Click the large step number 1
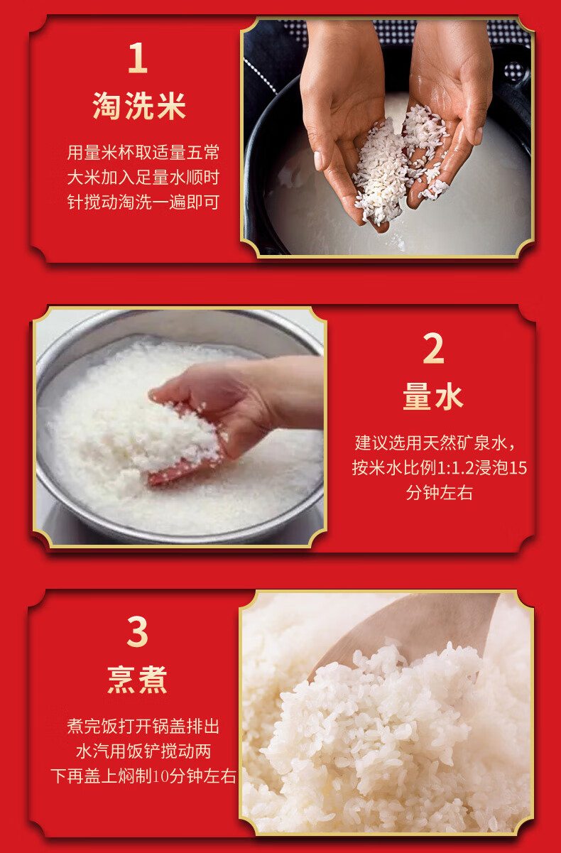138,58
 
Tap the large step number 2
433,349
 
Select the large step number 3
137,631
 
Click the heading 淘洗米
139,106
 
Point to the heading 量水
433,396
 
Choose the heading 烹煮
137,680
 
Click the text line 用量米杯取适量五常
143,153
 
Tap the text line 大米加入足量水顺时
143,178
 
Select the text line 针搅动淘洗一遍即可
143,202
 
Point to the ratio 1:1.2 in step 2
455,468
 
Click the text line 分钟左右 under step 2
439,493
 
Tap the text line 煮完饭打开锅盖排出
143,727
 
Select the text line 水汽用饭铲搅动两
143,751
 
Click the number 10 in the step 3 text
160,776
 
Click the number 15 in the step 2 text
518,468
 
